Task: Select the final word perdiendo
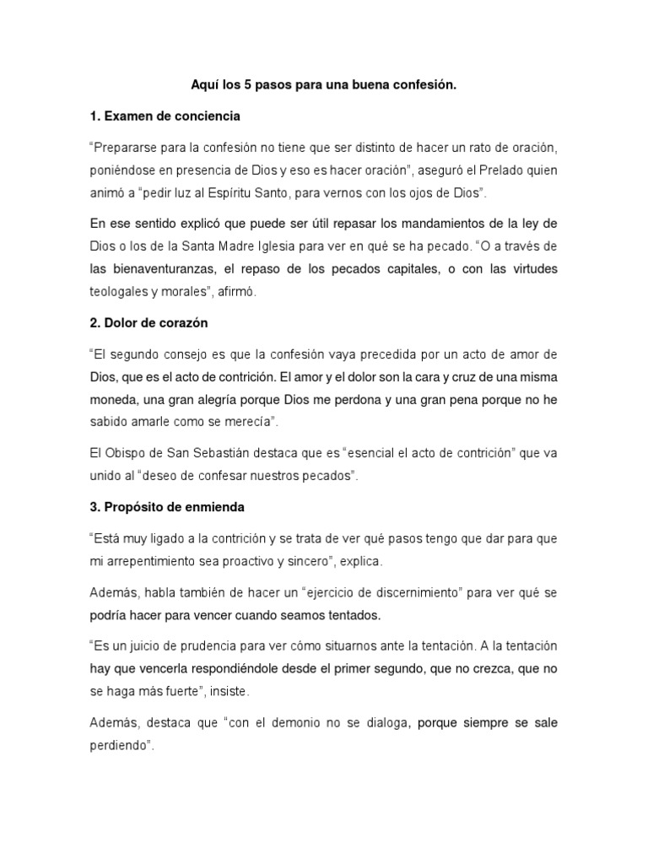point(118,746)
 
